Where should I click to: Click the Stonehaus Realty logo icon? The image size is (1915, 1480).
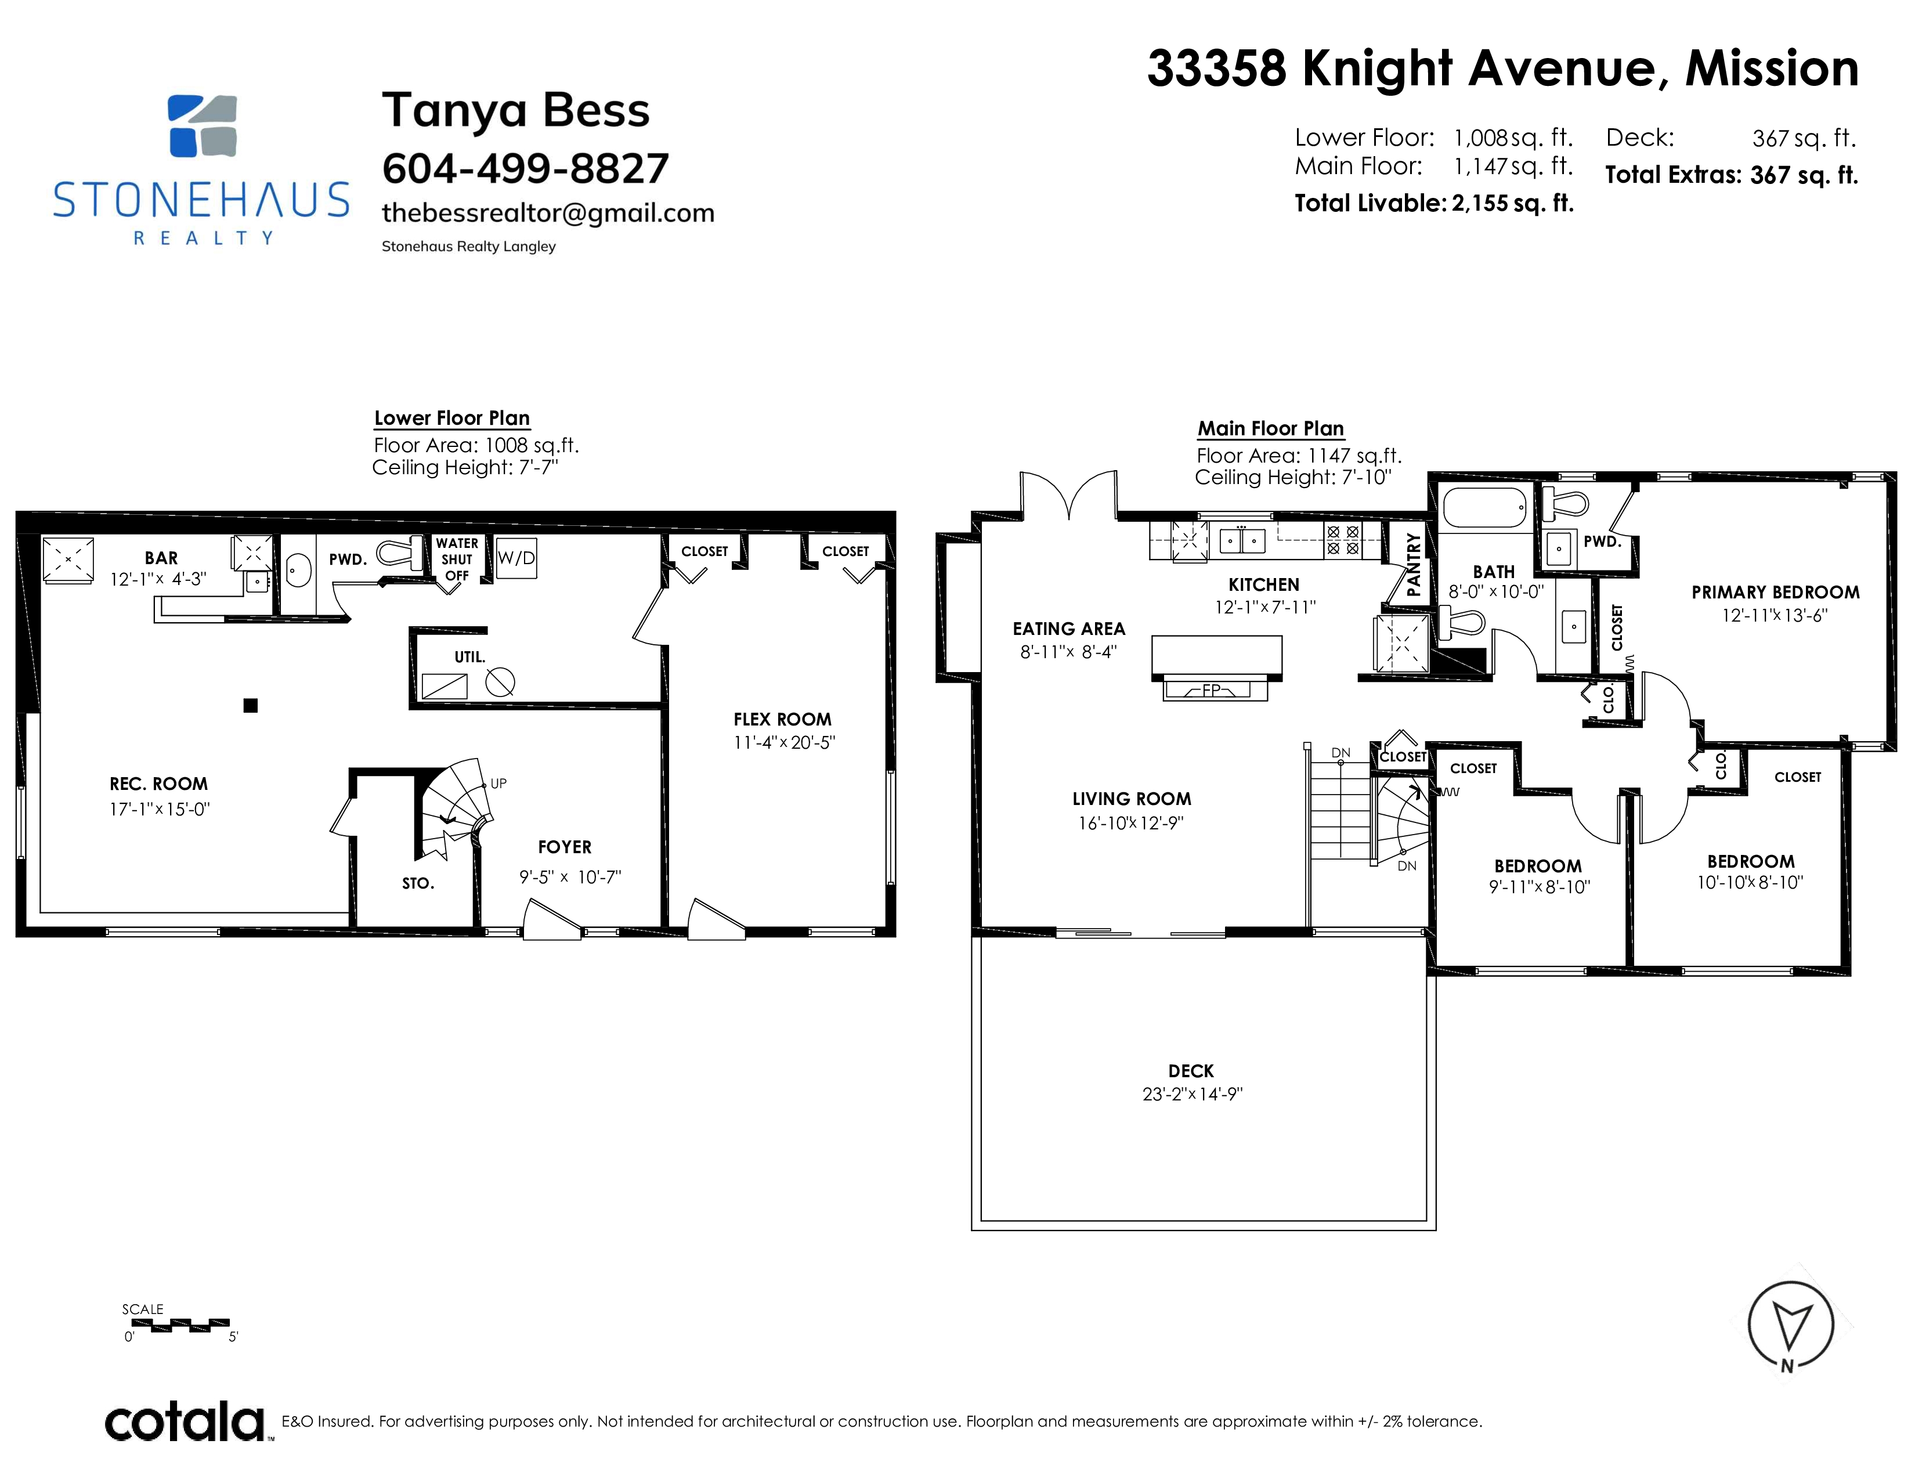[x=202, y=125]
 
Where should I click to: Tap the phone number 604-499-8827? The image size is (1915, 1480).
[x=525, y=168]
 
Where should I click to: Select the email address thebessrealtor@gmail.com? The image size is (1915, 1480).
[x=548, y=213]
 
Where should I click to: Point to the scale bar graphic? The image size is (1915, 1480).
[x=178, y=1325]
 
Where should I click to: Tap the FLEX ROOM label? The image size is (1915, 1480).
[x=782, y=720]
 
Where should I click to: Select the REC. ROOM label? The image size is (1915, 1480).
[x=158, y=784]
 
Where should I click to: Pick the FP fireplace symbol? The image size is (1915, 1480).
[x=1215, y=690]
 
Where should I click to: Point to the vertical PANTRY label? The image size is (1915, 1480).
[x=1412, y=565]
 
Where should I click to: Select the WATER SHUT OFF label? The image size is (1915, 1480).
[x=457, y=559]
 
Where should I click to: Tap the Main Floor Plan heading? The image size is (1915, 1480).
[x=1270, y=429]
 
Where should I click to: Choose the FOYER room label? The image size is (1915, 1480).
[x=565, y=847]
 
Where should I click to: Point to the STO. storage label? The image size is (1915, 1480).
[x=418, y=884]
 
